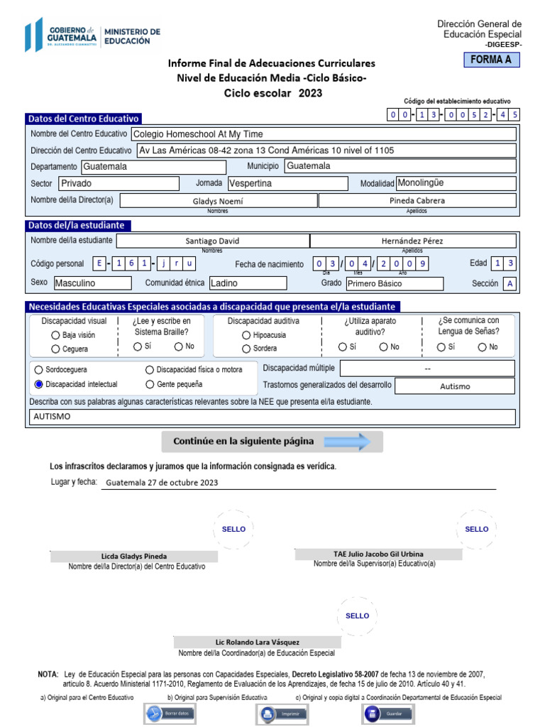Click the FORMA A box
(490, 60)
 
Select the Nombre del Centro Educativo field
(324, 133)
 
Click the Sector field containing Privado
(118, 183)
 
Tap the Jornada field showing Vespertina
(287, 183)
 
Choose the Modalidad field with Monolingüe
(455, 183)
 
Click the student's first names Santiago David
(212, 241)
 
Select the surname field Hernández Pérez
(412, 241)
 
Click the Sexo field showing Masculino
(92, 283)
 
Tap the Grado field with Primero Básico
(394, 284)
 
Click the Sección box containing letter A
(509, 284)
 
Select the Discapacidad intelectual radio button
(39, 384)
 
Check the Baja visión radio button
(55, 335)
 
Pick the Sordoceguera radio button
(39, 370)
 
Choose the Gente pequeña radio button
(150, 384)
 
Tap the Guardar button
(388, 713)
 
